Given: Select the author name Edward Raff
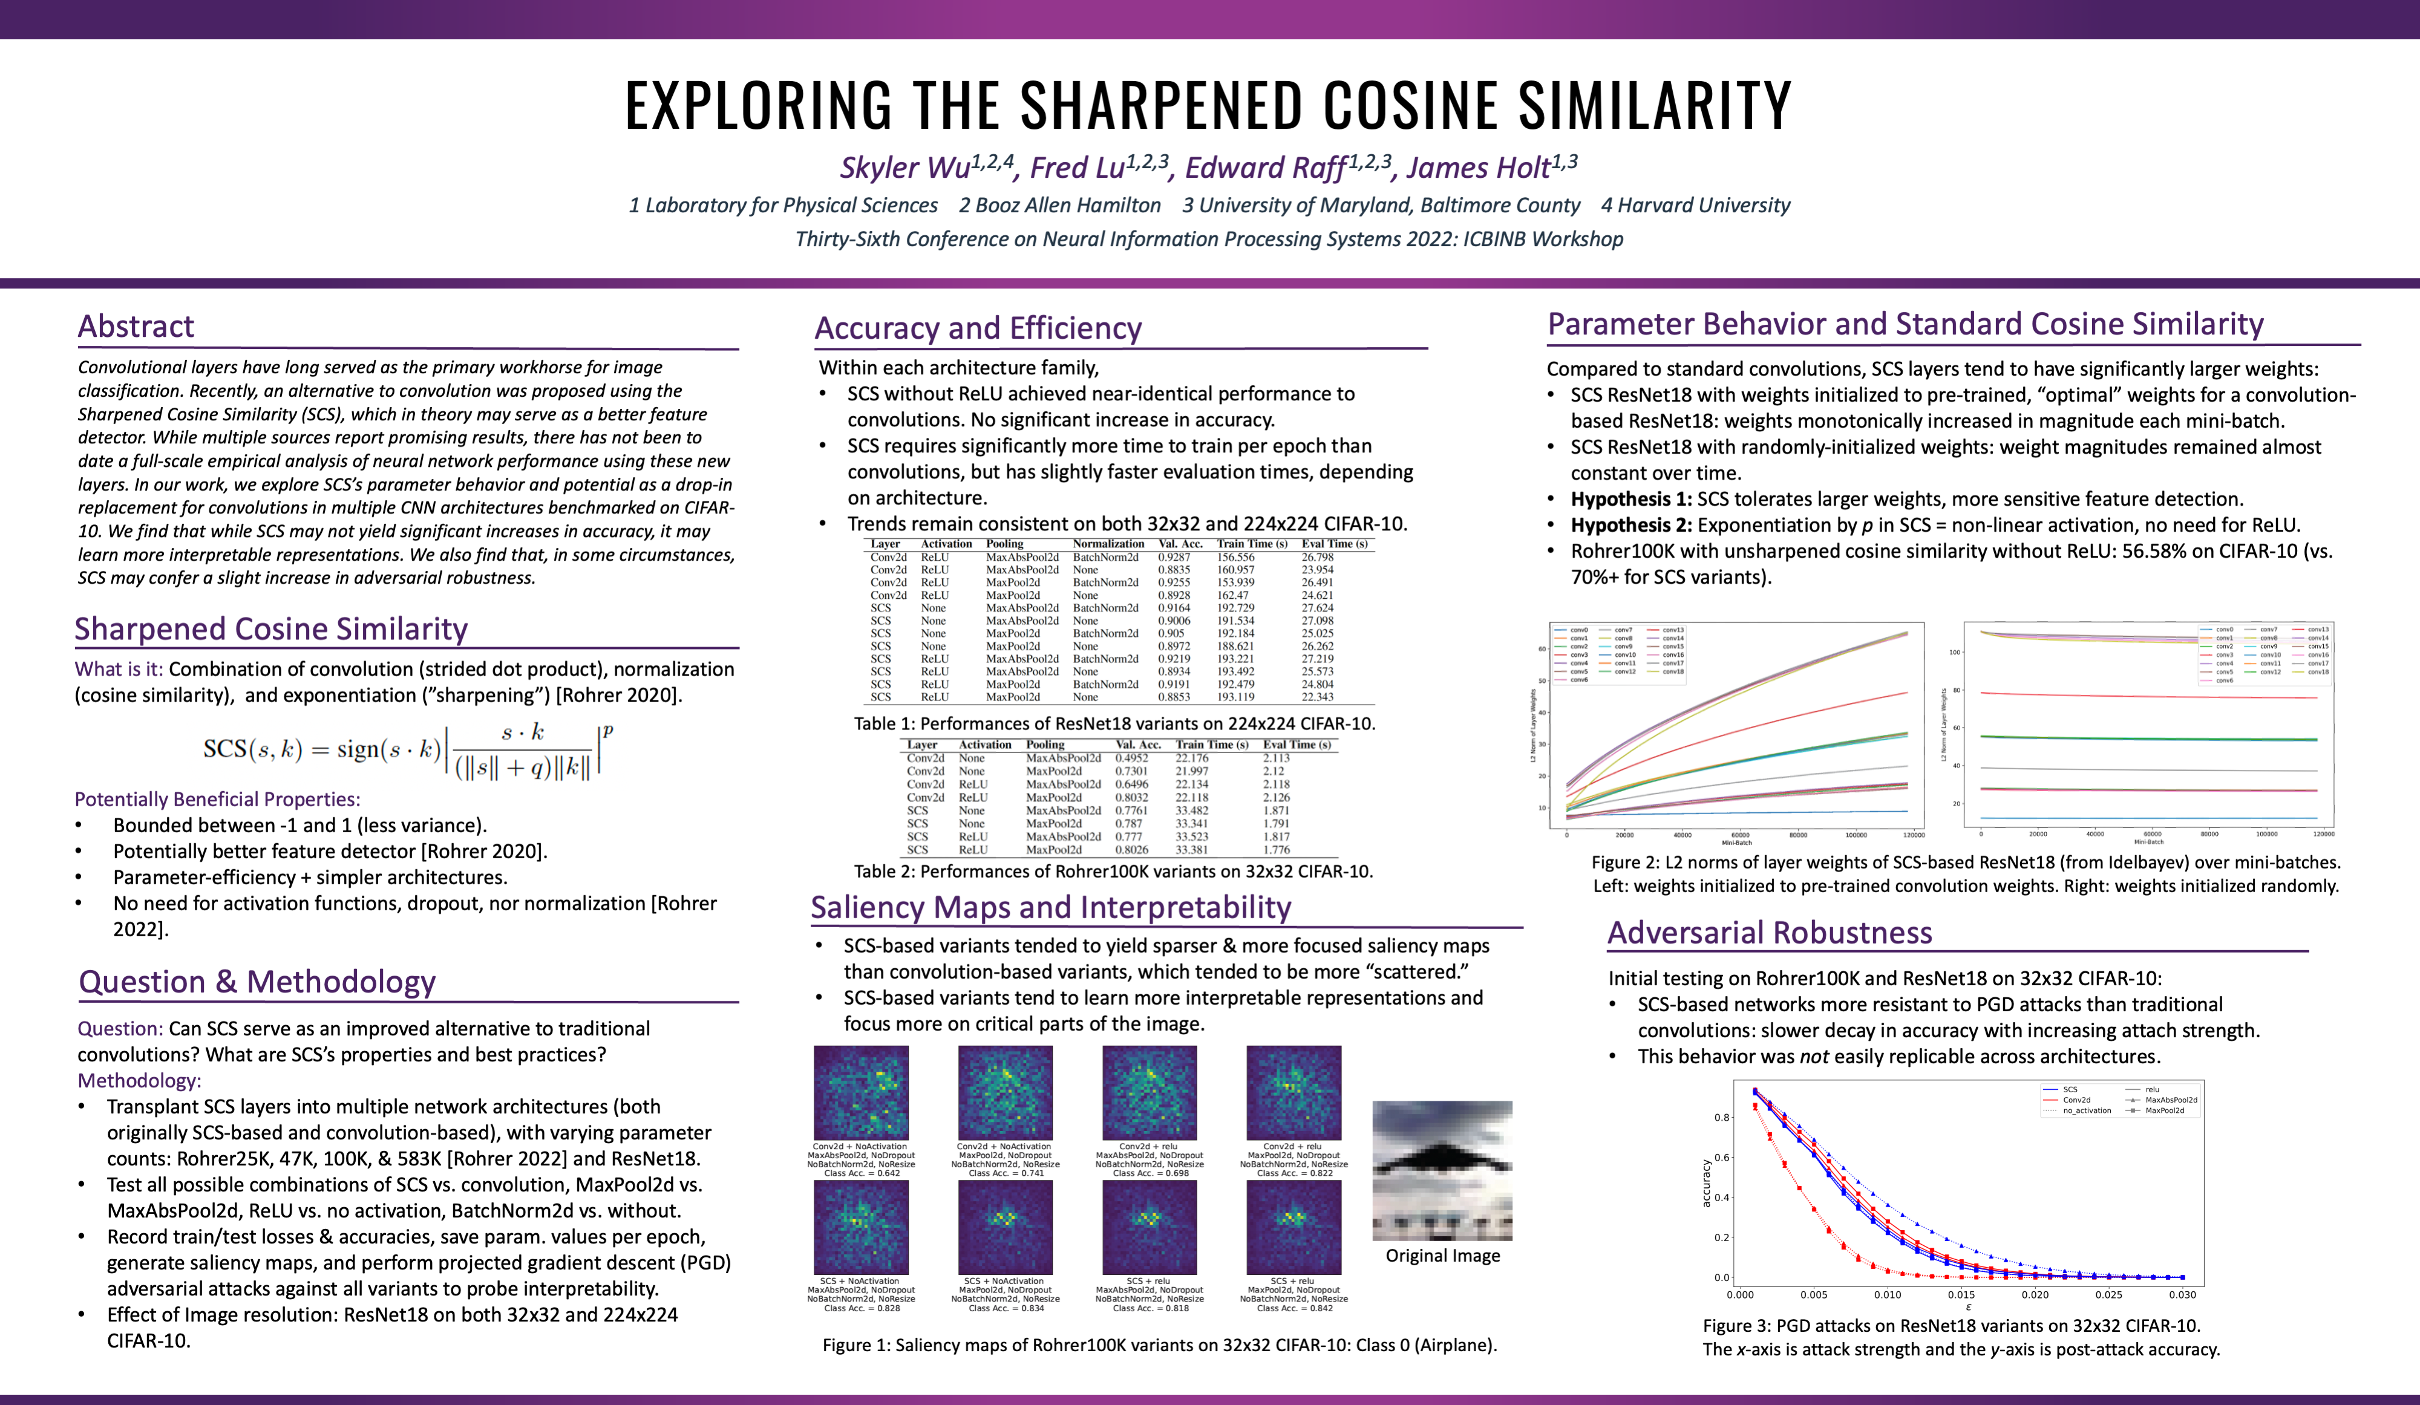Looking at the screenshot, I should coord(1266,168).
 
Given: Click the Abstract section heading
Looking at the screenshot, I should coord(136,327).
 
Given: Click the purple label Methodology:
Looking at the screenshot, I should coord(139,1080).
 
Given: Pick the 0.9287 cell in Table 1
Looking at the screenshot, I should coord(1174,557).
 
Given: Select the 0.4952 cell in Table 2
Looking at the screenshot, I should coord(1131,758).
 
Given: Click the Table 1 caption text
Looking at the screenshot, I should coord(1114,724).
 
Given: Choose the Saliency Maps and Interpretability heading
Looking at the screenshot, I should coord(1051,908).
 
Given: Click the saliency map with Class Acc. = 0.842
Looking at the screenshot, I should coord(1293,1227).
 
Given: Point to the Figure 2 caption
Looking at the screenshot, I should coord(1966,874).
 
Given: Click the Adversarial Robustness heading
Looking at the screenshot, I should coord(1769,933).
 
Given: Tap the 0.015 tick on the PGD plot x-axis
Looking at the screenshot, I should coord(1961,1294).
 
